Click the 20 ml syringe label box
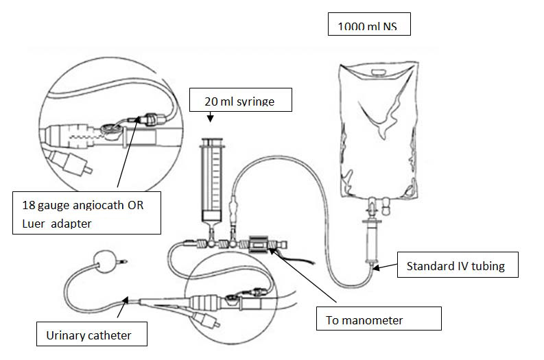240,100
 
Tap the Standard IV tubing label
455,266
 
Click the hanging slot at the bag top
375,71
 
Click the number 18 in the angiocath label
27,204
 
